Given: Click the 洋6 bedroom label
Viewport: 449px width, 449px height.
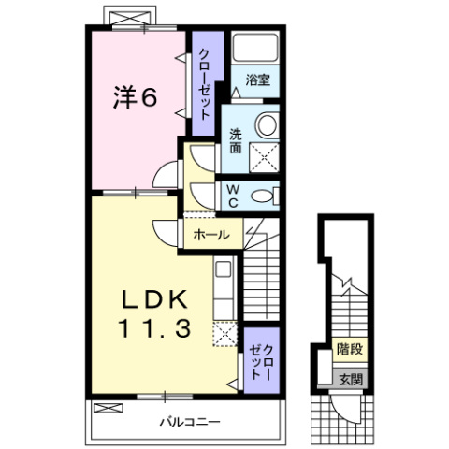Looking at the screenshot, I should [x=133, y=96].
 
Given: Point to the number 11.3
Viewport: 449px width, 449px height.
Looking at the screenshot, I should [x=155, y=328].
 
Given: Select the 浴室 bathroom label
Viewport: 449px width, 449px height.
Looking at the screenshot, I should [x=257, y=80].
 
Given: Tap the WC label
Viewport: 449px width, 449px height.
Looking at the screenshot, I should [x=235, y=195].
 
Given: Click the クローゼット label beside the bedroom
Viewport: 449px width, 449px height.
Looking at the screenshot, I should [x=202, y=83].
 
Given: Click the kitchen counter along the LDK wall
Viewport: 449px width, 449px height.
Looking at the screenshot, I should [x=224, y=289].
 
